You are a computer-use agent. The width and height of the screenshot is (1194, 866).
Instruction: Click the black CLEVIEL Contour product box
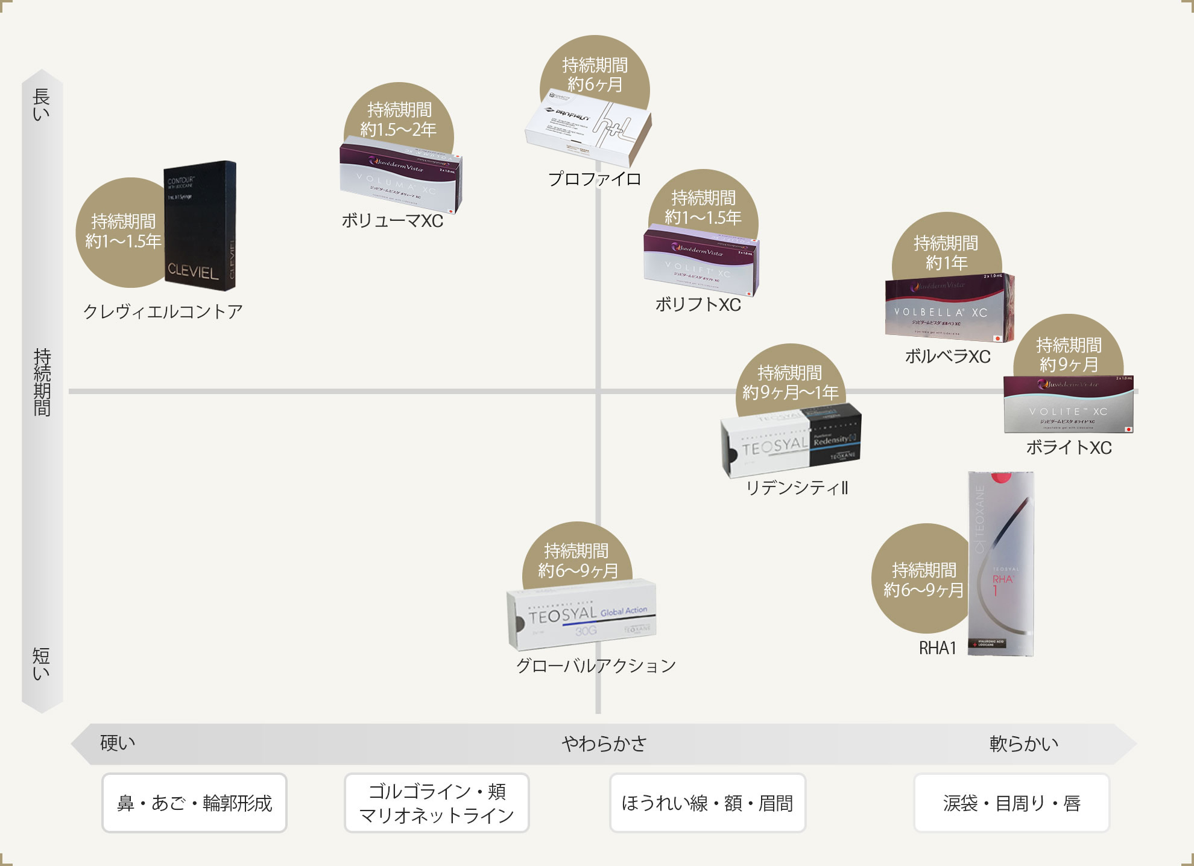pyautogui.click(x=200, y=226)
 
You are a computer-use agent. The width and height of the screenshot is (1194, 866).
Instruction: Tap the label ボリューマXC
pyautogui.click(x=392, y=221)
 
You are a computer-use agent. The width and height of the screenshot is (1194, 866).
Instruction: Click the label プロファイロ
pyautogui.click(x=595, y=179)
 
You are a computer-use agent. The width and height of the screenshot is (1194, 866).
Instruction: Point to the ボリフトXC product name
pyautogui.click(x=698, y=305)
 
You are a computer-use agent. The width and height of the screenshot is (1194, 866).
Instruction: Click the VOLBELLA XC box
pyautogui.click(x=949, y=308)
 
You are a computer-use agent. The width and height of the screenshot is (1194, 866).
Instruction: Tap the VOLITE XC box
pyautogui.click(x=1068, y=405)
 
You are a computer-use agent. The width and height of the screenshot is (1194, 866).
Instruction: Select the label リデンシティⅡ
pyautogui.click(x=797, y=488)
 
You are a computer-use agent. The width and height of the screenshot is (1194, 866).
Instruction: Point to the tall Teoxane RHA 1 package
pyautogui.click(x=1001, y=564)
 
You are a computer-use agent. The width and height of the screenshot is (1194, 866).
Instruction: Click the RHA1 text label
pyautogui.click(x=938, y=648)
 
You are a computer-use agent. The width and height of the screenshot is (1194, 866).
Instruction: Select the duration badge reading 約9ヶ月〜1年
pyautogui.click(x=790, y=382)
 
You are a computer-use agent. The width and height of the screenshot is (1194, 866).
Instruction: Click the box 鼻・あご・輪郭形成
pyautogui.click(x=194, y=803)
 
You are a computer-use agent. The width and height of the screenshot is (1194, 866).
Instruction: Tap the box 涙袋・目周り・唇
pyautogui.click(x=1011, y=803)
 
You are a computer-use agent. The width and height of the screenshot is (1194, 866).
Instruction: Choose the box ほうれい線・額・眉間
pyautogui.click(x=707, y=803)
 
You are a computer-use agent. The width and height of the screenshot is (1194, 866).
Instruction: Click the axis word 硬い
pyautogui.click(x=118, y=743)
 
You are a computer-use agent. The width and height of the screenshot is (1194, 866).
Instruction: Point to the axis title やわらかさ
pyautogui.click(x=604, y=743)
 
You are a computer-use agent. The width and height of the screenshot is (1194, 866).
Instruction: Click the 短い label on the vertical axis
pyautogui.click(x=41, y=664)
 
